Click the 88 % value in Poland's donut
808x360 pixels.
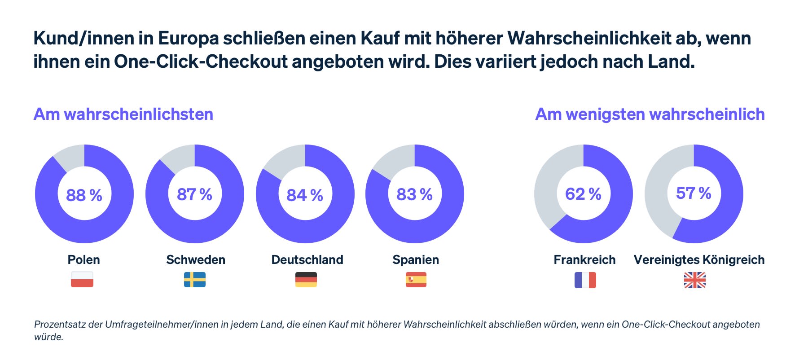tap(84, 195)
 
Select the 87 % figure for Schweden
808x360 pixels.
tap(194, 194)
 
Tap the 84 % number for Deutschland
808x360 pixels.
tap(305, 195)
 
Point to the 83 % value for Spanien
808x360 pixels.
tap(414, 194)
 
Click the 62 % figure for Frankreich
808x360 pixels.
tap(583, 194)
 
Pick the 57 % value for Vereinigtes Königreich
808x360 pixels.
tap(694, 193)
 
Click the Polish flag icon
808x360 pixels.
tap(82, 279)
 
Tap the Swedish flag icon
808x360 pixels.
tap(195, 279)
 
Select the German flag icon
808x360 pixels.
tap(306, 279)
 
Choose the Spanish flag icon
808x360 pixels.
tap(416, 279)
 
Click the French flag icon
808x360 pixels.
tap(585, 280)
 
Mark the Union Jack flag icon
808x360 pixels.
tap(695, 280)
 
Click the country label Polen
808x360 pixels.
tap(84, 259)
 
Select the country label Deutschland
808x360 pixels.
tap(307, 259)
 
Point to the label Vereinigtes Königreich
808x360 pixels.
tap(699, 259)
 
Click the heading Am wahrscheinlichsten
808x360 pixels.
tap(123, 114)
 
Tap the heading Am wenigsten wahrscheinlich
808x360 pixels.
tap(650, 114)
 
